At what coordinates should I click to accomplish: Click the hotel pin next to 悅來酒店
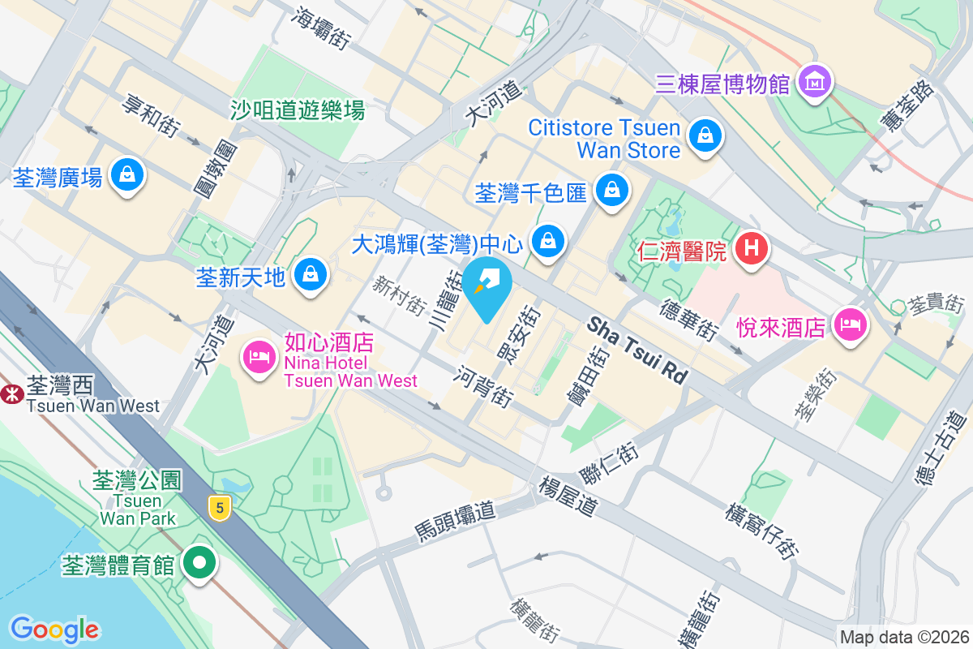point(849,325)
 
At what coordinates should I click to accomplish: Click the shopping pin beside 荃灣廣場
point(127,174)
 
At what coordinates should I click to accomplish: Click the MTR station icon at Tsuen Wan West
point(11,394)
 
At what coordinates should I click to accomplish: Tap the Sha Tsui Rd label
point(637,350)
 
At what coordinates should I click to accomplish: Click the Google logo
point(54,630)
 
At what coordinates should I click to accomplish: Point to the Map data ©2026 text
point(903,638)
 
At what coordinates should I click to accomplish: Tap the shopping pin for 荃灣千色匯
point(612,190)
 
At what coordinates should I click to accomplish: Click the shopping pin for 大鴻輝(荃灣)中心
point(548,241)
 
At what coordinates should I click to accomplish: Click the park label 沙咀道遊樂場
point(298,110)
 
